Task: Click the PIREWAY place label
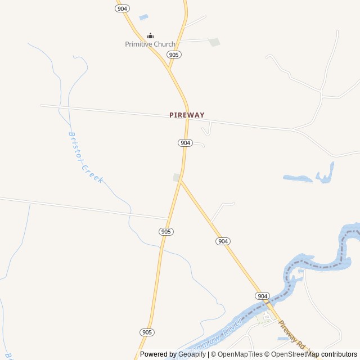tap(187, 115)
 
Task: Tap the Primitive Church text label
tap(150, 44)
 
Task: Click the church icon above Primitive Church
tap(150, 36)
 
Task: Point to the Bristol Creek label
tap(85, 157)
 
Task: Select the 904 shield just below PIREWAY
tap(186, 143)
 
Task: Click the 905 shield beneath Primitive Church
tap(174, 55)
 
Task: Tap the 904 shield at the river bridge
tap(262, 296)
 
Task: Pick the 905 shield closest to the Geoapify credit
tap(147, 332)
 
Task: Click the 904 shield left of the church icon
tap(123, 8)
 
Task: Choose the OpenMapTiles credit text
tap(240, 354)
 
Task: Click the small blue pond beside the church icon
tap(143, 17)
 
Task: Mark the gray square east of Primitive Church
tap(214, 42)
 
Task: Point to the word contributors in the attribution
tap(339, 354)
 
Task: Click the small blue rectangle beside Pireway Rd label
tap(282, 339)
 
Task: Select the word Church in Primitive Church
tap(163, 44)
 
